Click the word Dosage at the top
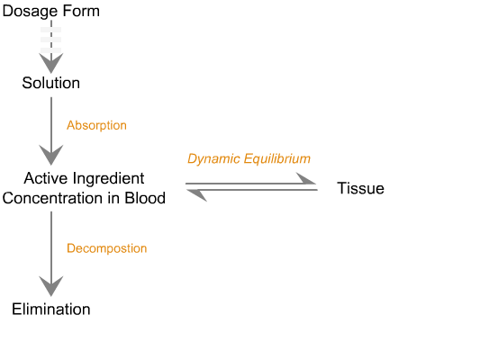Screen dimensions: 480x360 coord(30,12)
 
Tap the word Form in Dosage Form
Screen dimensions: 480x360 coord(81,11)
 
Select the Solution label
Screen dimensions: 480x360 coord(51,83)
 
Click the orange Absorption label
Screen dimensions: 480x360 coord(96,125)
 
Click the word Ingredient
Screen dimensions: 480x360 coord(109,179)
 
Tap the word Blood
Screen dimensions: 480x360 coord(145,198)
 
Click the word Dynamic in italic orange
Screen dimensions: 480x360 coord(213,159)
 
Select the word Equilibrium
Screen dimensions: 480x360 coord(277,159)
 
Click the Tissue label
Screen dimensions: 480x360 coord(360,188)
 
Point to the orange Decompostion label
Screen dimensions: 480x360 coord(107,248)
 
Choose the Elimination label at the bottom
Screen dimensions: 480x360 coord(51,310)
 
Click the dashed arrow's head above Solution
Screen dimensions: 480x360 coord(51,63)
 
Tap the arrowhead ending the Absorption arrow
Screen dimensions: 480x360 coord(51,155)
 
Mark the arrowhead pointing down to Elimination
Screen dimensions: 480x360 coord(51,286)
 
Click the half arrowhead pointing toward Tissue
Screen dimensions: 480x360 coord(306,178)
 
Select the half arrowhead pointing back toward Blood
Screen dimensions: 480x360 coord(197,195)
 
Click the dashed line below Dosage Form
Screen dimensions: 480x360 coord(51,38)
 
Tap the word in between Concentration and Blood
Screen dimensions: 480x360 coord(113,198)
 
